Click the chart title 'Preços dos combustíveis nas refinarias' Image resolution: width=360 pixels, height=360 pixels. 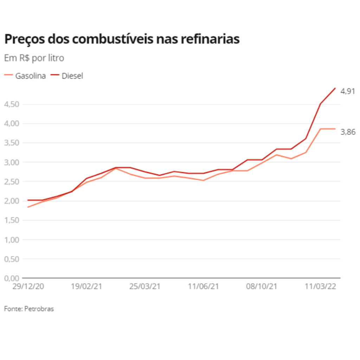(122, 39)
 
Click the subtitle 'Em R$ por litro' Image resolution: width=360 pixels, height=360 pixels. (34, 58)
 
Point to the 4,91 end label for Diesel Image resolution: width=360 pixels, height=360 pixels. (348, 91)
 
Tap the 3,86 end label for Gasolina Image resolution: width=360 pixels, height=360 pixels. (348, 132)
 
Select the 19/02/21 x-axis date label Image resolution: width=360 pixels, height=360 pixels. (86, 287)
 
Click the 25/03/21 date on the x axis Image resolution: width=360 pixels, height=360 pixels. (145, 287)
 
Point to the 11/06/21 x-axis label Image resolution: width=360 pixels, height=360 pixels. (203, 287)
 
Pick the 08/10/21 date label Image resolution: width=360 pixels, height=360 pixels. (262, 287)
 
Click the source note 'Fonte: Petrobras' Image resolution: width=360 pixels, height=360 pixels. (29, 309)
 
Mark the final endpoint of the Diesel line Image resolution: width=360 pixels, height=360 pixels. (335, 88)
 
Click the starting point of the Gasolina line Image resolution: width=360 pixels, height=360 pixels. (28, 207)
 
